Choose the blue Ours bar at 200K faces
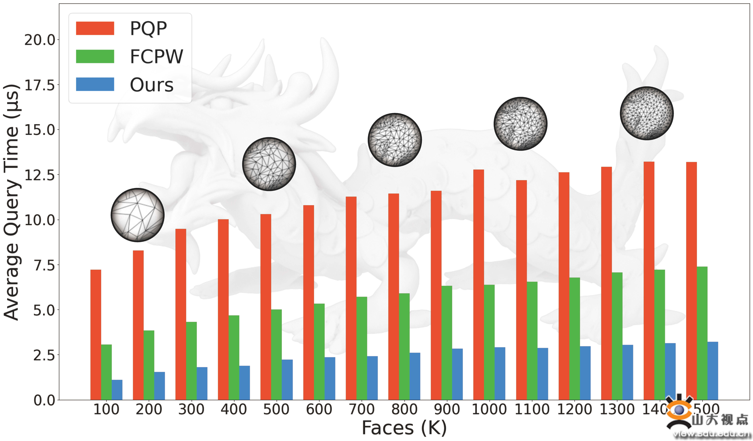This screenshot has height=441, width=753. (x=160, y=386)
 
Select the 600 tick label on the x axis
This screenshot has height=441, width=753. (x=319, y=409)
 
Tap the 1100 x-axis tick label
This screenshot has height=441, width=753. (x=532, y=409)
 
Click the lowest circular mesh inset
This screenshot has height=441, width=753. (x=137, y=215)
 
